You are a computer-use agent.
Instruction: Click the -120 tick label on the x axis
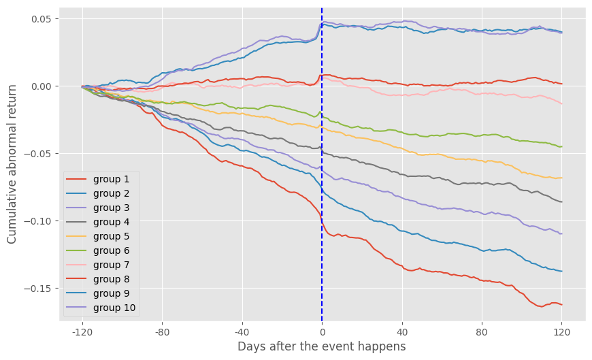(x=82, y=333)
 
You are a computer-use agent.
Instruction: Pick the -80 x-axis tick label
(x=162, y=333)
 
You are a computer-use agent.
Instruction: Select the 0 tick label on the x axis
(x=322, y=333)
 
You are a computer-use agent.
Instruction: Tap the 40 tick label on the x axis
(x=401, y=333)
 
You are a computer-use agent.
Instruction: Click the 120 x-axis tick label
(x=561, y=333)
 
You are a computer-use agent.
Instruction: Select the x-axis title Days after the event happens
(x=321, y=347)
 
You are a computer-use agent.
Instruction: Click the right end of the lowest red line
(x=561, y=304)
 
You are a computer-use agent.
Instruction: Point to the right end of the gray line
(x=561, y=201)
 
